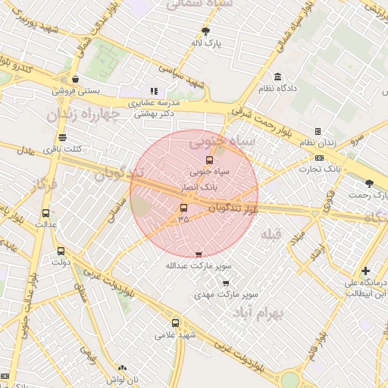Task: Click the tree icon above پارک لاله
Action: click(x=205, y=32)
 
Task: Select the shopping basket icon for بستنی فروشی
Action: click(x=75, y=79)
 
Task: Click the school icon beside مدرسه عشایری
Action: click(x=154, y=91)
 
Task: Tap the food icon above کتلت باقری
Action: click(x=62, y=138)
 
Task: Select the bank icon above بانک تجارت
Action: click(x=318, y=158)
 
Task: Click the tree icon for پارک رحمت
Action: click(x=369, y=183)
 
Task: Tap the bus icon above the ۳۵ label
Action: click(x=183, y=208)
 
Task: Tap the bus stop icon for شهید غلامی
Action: click(x=176, y=323)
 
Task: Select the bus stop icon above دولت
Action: click(x=61, y=251)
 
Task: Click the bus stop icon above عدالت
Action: click(x=46, y=214)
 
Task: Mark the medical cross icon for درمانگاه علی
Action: click(x=365, y=271)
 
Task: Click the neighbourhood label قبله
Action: click(x=271, y=236)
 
